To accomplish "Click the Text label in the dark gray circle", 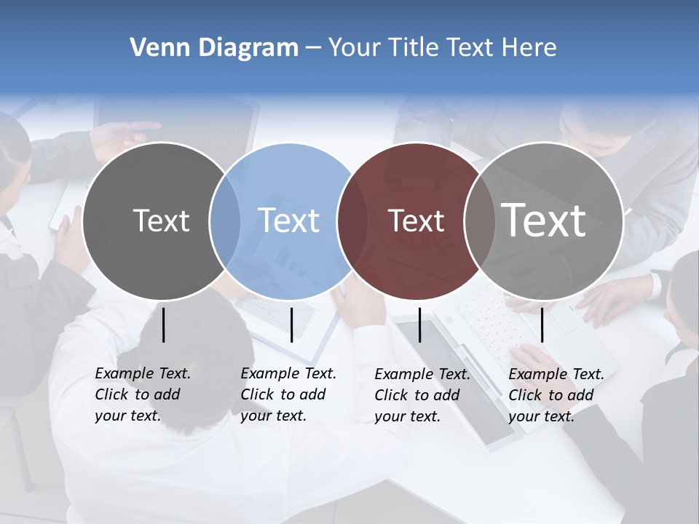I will (x=161, y=221).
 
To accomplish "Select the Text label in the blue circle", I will (x=288, y=221).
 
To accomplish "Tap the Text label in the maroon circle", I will (x=416, y=221).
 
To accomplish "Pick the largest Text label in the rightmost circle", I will (x=544, y=221).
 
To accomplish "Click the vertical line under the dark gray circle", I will (x=164, y=325).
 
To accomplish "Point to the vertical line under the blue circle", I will (x=291, y=325).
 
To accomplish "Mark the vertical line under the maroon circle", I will (x=419, y=325).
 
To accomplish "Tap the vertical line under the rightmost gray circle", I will (x=542, y=325).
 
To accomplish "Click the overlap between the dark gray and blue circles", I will (x=225, y=221).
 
